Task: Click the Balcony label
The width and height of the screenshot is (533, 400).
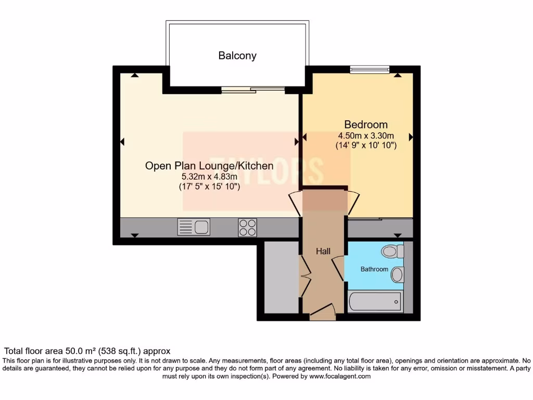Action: [237, 56]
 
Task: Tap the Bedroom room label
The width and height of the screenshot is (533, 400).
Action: [366, 124]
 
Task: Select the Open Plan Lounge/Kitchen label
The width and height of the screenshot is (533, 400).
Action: [209, 166]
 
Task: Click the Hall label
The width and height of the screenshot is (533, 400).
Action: [323, 251]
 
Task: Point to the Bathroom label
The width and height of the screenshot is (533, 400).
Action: [375, 269]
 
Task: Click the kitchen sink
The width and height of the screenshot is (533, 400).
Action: [194, 227]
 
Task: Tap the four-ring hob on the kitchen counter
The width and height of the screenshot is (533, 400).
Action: [247, 227]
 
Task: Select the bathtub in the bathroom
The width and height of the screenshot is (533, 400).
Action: [375, 301]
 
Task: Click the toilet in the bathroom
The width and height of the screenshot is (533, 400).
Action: [392, 252]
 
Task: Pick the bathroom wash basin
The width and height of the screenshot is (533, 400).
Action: [397, 274]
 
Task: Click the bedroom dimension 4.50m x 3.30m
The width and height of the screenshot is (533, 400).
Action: [366, 136]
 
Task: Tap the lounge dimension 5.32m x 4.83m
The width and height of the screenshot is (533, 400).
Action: [209, 177]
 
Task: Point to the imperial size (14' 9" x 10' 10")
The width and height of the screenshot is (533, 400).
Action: [366, 146]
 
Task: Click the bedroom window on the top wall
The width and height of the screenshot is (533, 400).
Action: [370, 69]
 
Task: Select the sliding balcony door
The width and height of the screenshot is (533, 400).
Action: [253, 90]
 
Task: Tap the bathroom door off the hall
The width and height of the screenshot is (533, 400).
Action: [338, 268]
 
